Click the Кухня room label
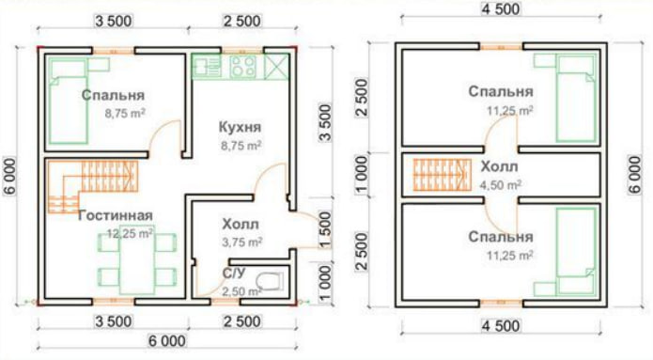240,127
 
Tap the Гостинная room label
116,215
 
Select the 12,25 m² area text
130,233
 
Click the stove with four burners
243,67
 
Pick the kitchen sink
207,67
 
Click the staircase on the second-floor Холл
443,175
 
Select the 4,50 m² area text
501,184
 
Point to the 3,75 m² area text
242,242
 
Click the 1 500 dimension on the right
326,229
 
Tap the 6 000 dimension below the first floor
167,341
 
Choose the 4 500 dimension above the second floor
501,9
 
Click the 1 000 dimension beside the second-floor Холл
362,176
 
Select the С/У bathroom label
234,274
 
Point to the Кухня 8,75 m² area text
241,146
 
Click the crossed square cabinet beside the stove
277,66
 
